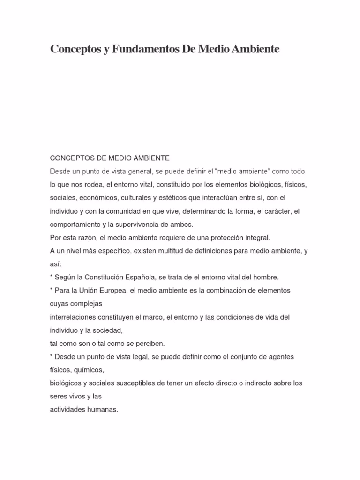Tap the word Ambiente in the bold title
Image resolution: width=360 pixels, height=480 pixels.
(x=254, y=49)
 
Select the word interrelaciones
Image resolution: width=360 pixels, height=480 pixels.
(x=74, y=317)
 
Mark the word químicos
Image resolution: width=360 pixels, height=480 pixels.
(x=90, y=370)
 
